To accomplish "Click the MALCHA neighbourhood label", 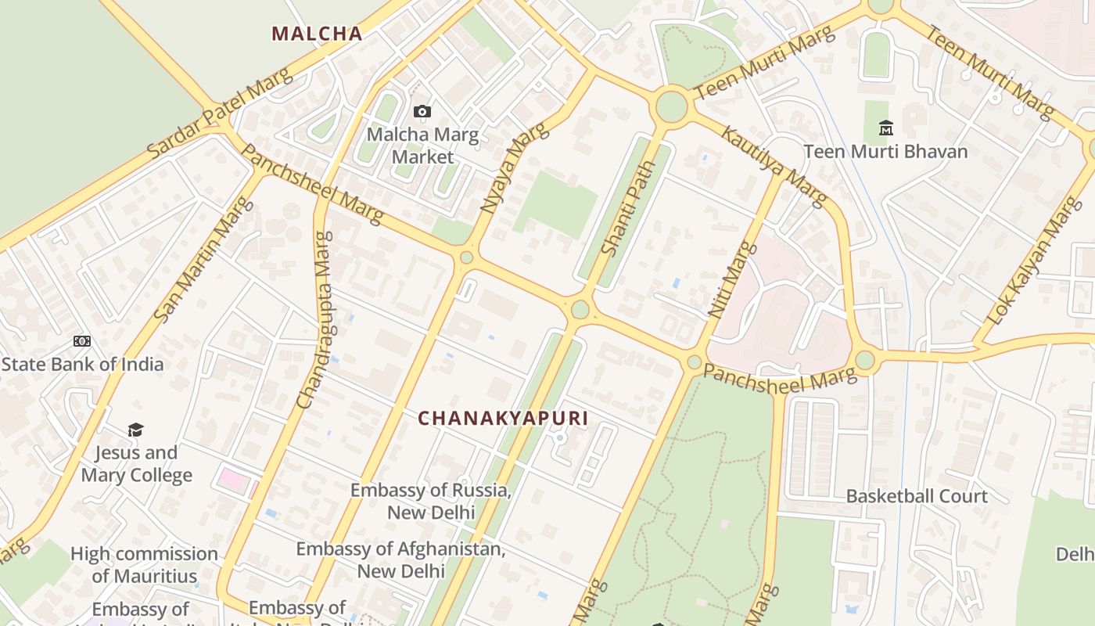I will click(x=317, y=34).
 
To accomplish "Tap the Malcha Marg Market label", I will click(x=422, y=146).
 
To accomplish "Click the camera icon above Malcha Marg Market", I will click(x=422, y=112).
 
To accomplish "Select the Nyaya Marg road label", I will click(x=512, y=168).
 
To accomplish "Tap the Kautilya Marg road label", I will click(x=773, y=167).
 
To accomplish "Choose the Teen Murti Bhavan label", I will click(x=885, y=151).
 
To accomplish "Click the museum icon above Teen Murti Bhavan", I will click(x=886, y=127).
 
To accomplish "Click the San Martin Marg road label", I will click(x=204, y=259).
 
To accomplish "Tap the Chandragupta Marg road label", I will click(x=315, y=319).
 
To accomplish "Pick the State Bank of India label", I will click(x=82, y=364).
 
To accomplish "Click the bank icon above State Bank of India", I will click(x=82, y=341).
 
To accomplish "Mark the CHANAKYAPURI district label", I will click(x=503, y=418).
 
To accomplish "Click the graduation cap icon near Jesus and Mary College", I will click(x=136, y=430).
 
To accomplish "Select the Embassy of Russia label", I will click(x=431, y=502).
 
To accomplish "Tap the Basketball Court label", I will click(x=917, y=496).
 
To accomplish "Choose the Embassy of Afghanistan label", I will click(x=400, y=559).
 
